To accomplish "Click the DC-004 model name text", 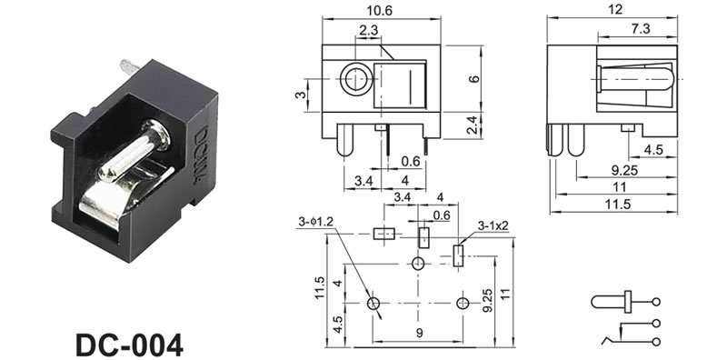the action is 129,345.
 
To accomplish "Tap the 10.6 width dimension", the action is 379,11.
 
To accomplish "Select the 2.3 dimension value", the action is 369,30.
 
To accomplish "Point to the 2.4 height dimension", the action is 472,125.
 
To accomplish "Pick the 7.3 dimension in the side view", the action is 640,29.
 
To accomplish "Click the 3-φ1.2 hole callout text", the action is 315,222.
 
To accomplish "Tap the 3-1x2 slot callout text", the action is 493,226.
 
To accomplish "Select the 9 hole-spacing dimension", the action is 419,333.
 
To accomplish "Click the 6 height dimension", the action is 473,78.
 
